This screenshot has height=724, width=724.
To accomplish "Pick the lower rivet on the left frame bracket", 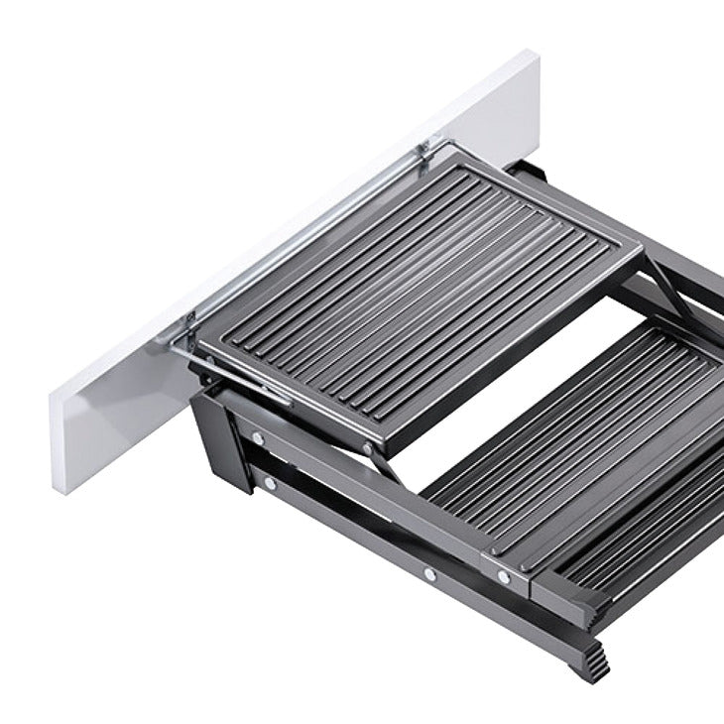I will point(269,484).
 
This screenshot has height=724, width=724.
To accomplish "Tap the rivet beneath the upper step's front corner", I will point(369,448).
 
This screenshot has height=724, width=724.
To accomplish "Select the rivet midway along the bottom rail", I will point(428,573).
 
